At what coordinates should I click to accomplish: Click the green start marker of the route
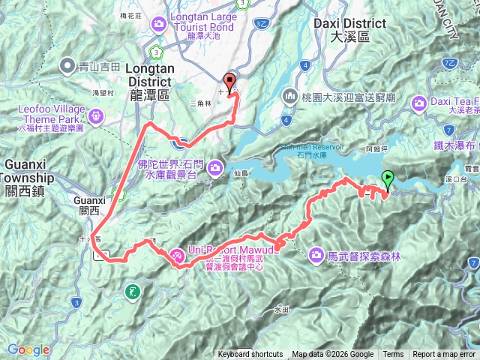tap(388, 179)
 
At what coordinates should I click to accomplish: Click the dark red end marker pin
tap(229, 82)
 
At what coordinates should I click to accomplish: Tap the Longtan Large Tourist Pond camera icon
tap(158, 26)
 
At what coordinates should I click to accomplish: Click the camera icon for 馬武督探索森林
tap(316, 256)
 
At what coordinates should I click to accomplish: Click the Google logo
tap(28, 349)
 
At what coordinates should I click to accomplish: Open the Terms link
tap(393, 355)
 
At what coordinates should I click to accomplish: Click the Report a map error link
tap(443, 355)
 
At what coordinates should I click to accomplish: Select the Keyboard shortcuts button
tap(250, 355)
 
